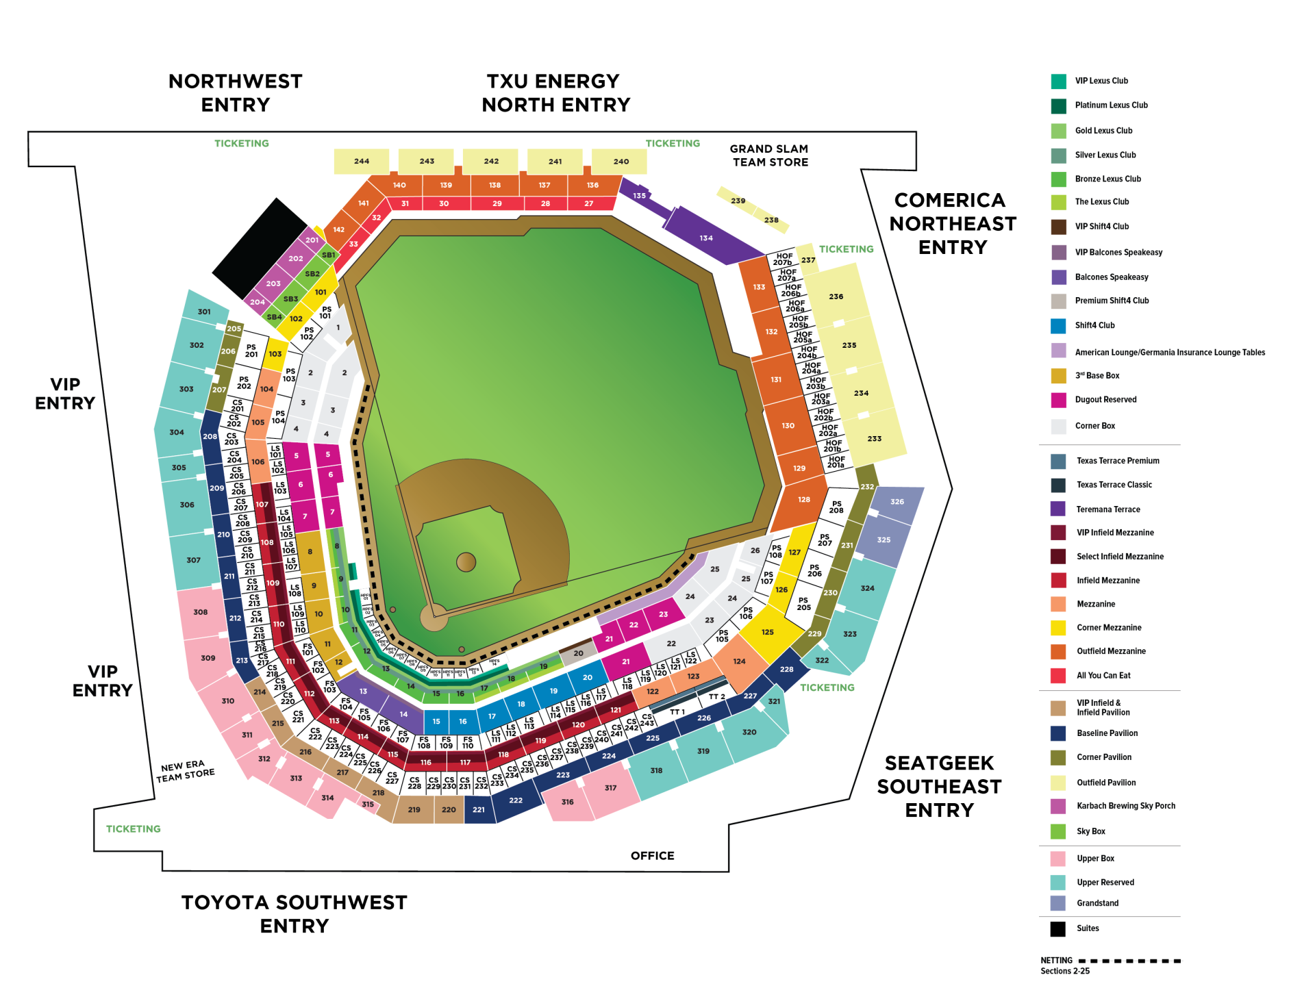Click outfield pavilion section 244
(x=361, y=162)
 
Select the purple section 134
(x=706, y=238)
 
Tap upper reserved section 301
(x=204, y=312)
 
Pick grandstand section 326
(x=897, y=501)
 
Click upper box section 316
(x=567, y=802)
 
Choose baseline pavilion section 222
(x=516, y=800)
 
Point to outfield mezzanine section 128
(x=803, y=500)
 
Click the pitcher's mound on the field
(x=466, y=562)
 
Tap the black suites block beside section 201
(x=259, y=248)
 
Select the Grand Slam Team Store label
(x=769, y=155)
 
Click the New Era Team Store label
(x=185, y=770)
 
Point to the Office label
(x=652, y=855)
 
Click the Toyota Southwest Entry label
(x=295, y=914)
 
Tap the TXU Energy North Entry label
(x=555, y=93)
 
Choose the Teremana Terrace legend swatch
(x=1058, y=509)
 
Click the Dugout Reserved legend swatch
(x=1058, y=400)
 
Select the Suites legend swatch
(x=1058, y=928)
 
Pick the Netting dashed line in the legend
(x=1130, y=961)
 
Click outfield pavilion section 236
(x=836, y=296)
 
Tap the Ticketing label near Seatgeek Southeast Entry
(x=827, y=687)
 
